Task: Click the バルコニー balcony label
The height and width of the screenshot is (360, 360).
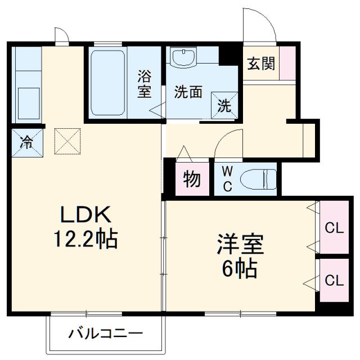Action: pyautogui.click(x=106, y=334)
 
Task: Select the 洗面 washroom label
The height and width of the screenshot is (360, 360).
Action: pyautogui.click(x=188, y=92)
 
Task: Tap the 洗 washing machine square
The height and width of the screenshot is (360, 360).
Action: pyautogui.click(x=223, y=105)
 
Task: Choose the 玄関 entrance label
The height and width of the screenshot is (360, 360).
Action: pyautogui.click(x=261, y=64)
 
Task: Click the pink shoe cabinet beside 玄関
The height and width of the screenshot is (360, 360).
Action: pyautogui.click(x=287, y=62)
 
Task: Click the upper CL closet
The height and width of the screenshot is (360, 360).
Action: pyautogui.click(x=335, y=228)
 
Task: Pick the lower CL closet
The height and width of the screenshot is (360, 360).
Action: pyautogui.click(x=335, y=280)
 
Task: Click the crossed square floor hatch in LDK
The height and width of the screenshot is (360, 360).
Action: pyautogui.click(x=67, y=141)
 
